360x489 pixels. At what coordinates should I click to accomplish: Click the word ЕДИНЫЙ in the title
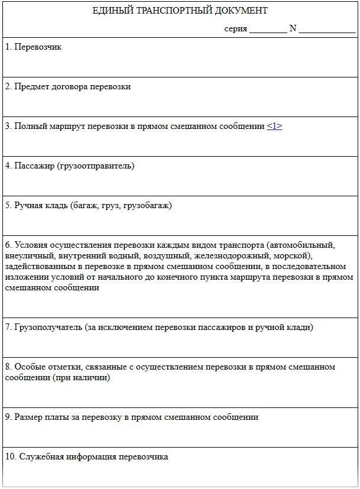pyautogui.click(x=111, y=11)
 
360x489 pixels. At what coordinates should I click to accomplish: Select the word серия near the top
pyautogui.click(x=236, y=28)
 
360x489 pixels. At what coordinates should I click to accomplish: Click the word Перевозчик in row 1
pyautogui.click(x=38, y=47)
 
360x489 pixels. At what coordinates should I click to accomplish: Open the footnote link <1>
pyautogui.click(x=274, y=126)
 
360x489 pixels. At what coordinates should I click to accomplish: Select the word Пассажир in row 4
pyautogui.click(x=33, y=166)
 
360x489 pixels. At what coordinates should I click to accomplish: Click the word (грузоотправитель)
pyautogui.click(x=96, y=166)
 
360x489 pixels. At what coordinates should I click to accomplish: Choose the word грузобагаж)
pyautogui.click(x=148, y=205)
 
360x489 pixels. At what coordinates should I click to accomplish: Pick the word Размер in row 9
pyautogui.click(x=30, y=417)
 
